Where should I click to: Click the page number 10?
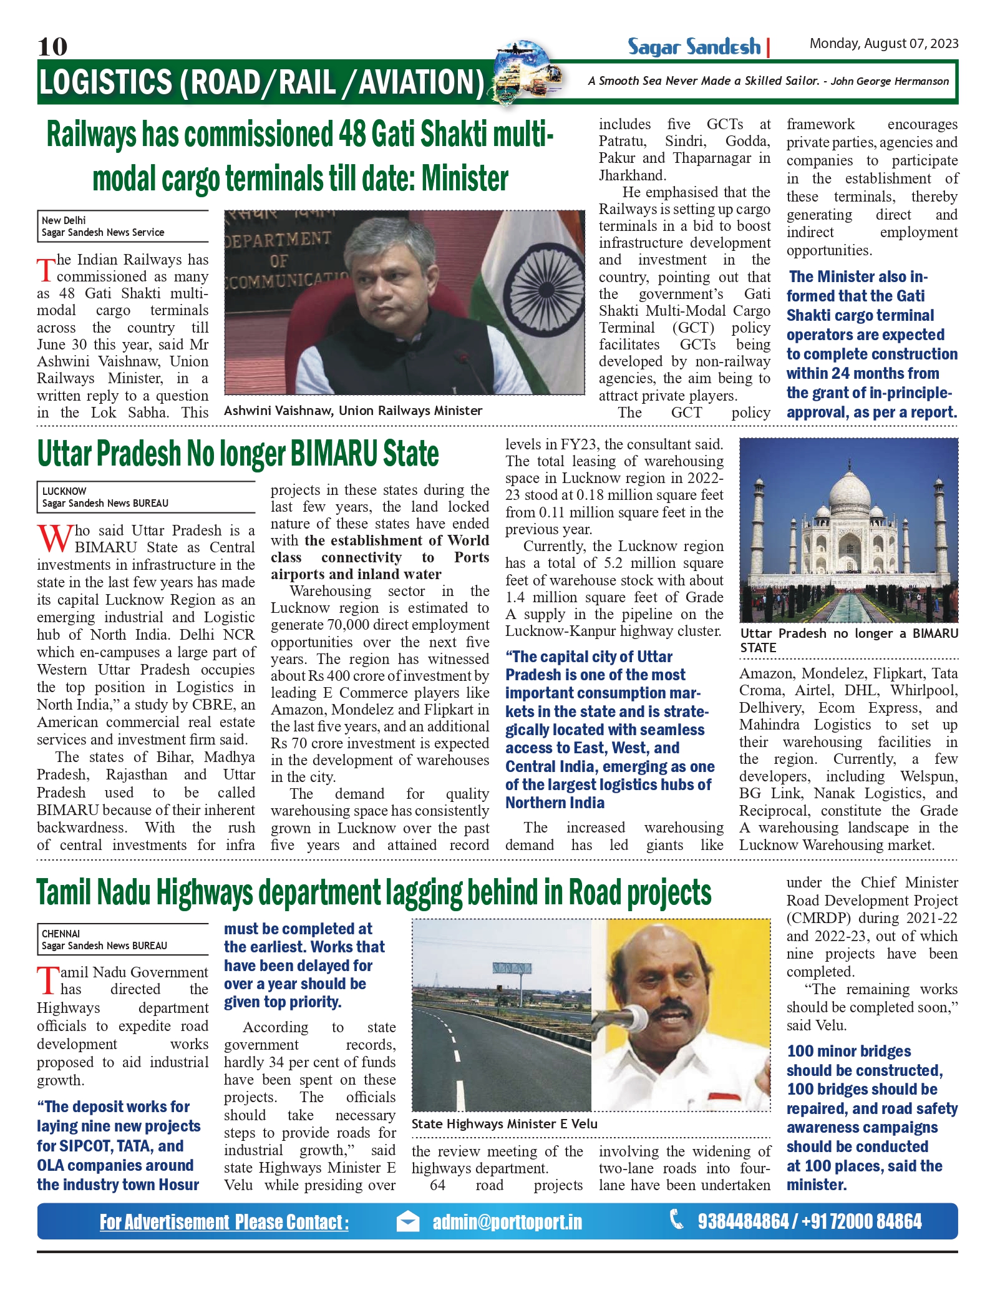pyautogui.click(x=52, y=46)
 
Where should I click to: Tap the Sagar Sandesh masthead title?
pyautogui.click(x=694, y=47)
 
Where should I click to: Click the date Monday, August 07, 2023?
pyautogui.click(x=883, y=44)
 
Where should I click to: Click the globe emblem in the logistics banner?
pyautogui.click(x=523, y=72)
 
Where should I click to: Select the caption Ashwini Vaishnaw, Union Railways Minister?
pyautogui.click(x=353, y=411)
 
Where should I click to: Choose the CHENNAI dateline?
pyautogui.click(x=61, y=934)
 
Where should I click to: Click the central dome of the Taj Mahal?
pyautogui.click(x=848, y=488)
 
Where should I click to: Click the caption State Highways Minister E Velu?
pyautogui.click(x=504, y=1124)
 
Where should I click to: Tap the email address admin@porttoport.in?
pyautogui.click(x=507, y=1221)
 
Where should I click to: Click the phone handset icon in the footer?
pyautogui.click(x=676, y=1219)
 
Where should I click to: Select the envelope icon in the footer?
pyautogui.click(x=408, y=1221)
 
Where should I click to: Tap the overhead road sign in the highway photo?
pyautogui.click(x=512, y=969)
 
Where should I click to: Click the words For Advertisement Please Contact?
pyautogui.click(x=224, y=1222)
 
